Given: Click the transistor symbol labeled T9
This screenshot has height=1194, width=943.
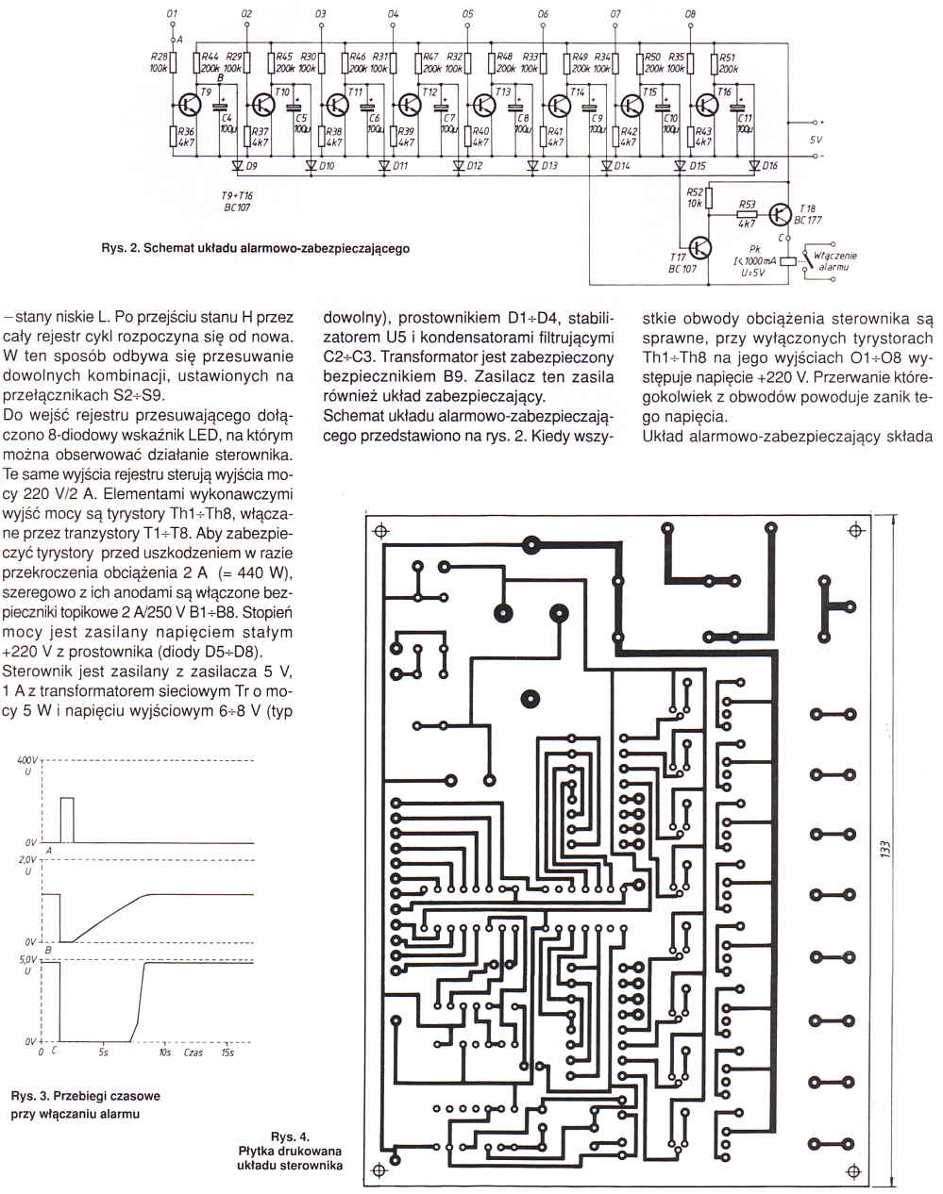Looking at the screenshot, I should click(x=188, y=105).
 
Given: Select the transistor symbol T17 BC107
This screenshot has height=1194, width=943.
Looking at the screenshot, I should click(x=699, y=247).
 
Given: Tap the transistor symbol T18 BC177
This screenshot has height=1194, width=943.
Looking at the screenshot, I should click(x=780, y=214).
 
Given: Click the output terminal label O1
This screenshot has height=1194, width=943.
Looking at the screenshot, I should click(x=172, y=14).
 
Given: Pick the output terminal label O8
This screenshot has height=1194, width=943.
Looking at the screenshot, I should click(x=690, y=14).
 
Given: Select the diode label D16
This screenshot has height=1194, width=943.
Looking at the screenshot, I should click(x=770, y=166).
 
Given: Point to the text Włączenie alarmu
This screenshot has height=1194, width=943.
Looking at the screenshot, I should click(x=834, y=261).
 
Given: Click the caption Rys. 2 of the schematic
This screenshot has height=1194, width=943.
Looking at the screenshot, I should click(x=255, y=249).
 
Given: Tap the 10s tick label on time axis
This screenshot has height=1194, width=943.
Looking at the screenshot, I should click(x=165, y=1051).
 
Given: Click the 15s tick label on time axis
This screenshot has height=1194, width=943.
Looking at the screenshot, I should click(x=227, y=1051).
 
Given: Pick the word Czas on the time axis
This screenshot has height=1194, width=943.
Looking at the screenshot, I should click(x=194, y=1051).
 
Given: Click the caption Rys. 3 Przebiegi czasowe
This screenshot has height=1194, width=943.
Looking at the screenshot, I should click(x=85, y=1096).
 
